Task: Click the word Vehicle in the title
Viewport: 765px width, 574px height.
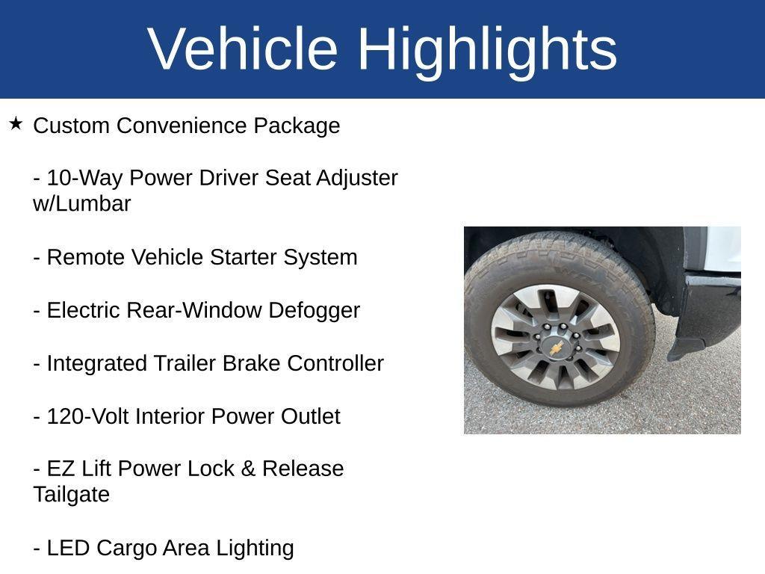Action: [244, 49]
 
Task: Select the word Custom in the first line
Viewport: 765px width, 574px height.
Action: [72, 126]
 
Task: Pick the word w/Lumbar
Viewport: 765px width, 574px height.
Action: [82, 204]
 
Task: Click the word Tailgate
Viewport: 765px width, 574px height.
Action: [72, 495]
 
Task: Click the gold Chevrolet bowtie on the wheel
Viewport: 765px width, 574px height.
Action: [557, 347]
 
